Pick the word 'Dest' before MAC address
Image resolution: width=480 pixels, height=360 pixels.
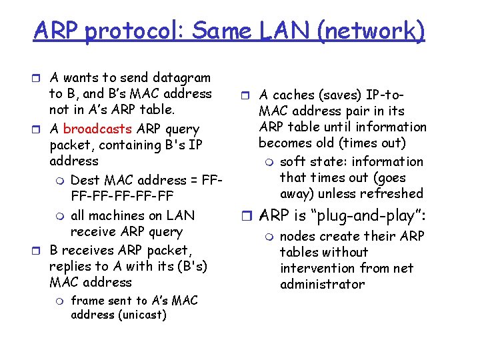tap(85, 179)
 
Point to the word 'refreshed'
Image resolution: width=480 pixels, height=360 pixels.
tap(390, 193)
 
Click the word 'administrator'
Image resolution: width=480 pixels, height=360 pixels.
tap(323, 284)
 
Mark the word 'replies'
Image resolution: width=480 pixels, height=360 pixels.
tap(70, 266)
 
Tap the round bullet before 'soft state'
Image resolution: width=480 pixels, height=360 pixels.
tap(270, 162)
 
